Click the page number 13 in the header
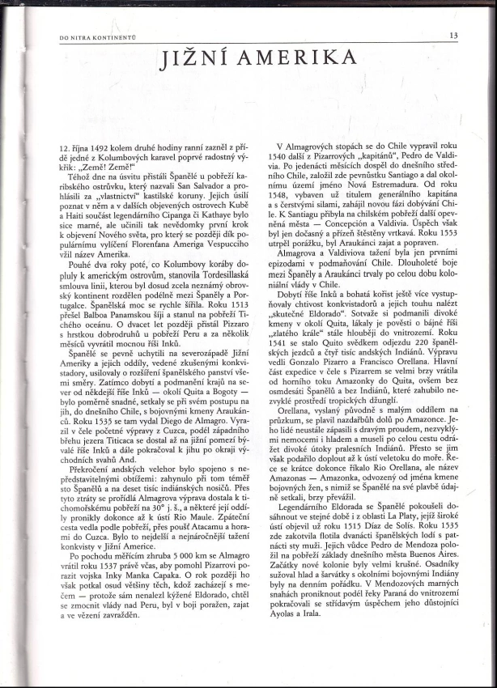click(453, 35)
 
